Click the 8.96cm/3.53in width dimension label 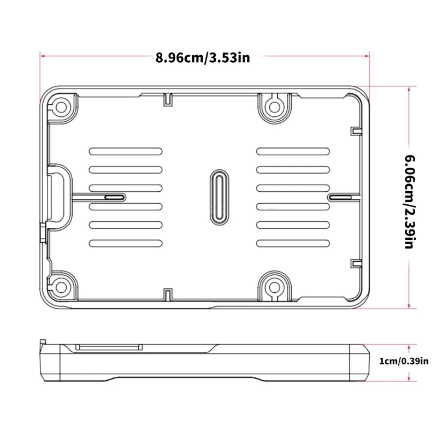(203, 57)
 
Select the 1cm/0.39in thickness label (404, 361)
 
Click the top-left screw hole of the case (62, 105)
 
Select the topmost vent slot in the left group (125, 151)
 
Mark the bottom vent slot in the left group (125, 243)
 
